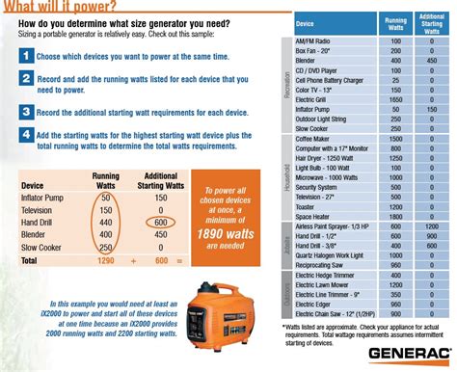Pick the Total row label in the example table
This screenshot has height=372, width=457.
30,259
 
